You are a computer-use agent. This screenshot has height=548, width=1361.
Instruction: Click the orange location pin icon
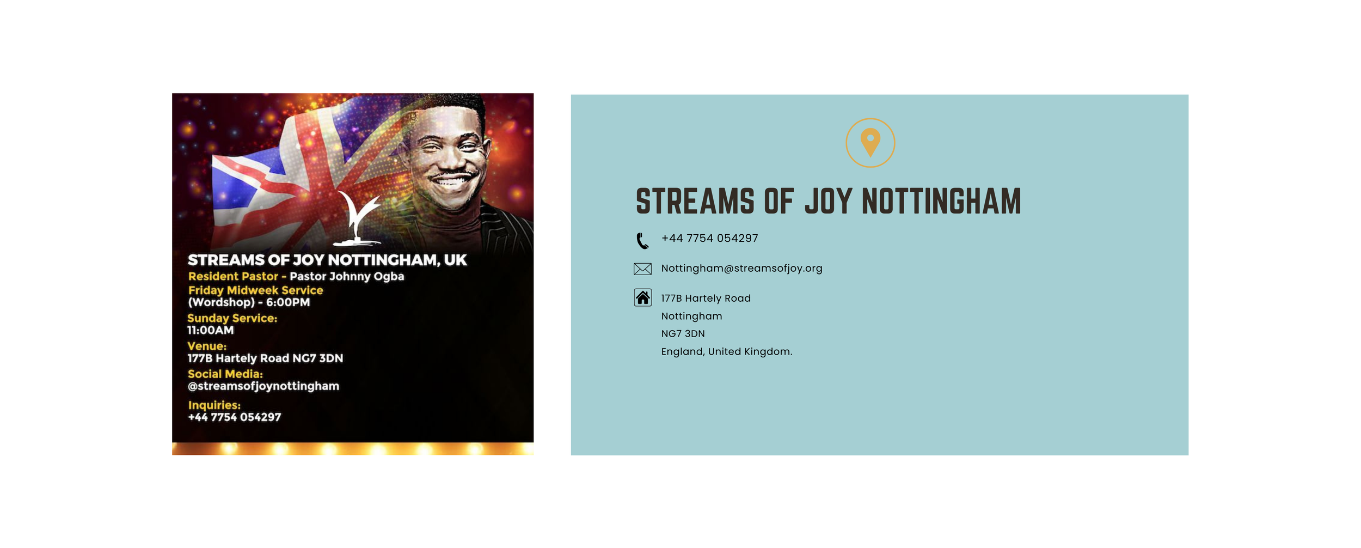870,143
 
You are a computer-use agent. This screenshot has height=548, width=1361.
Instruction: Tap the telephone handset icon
642,240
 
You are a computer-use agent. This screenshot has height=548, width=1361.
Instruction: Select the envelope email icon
642,269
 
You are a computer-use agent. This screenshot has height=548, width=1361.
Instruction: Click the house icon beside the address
642,297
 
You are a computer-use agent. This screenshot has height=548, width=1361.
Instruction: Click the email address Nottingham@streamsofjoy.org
741,268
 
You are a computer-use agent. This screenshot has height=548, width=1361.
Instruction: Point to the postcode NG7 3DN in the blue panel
683,333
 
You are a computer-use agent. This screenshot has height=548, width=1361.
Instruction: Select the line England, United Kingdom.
727,351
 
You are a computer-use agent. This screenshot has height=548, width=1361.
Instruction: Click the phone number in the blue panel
709,238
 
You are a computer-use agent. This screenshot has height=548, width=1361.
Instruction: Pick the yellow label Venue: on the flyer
207,346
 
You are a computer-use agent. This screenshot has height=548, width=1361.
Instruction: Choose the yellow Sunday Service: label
232,318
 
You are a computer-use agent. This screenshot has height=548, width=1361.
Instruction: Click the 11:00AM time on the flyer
211,330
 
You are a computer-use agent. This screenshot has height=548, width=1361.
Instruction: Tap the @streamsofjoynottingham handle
263,386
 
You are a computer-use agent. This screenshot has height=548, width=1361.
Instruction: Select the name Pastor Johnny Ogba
347,276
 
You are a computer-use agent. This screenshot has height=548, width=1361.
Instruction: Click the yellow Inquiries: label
214,405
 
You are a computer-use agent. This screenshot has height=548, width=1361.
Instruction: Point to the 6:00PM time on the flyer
288,302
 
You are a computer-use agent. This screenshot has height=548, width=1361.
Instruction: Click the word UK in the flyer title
455,260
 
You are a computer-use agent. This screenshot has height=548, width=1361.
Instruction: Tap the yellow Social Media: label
225,374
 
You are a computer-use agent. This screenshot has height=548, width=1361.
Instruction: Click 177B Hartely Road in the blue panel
706,298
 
